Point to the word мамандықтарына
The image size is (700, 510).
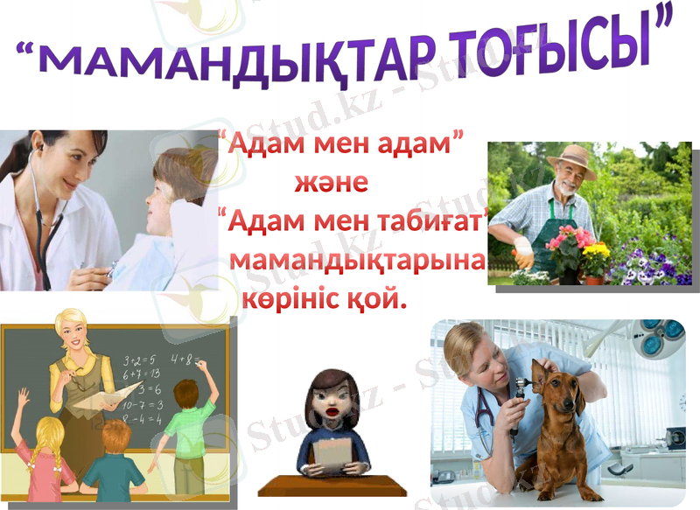pos(357,261)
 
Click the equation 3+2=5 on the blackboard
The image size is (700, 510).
pos(139,360)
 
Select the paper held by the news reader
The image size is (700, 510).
pos(330,454)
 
